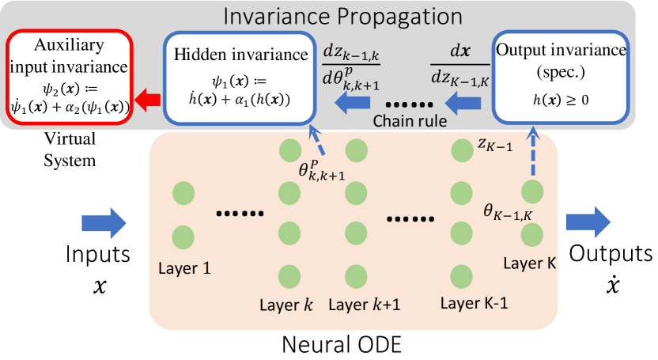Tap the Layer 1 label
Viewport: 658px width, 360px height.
[x=184, y=267]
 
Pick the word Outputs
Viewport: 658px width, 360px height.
[x=611, y=253]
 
